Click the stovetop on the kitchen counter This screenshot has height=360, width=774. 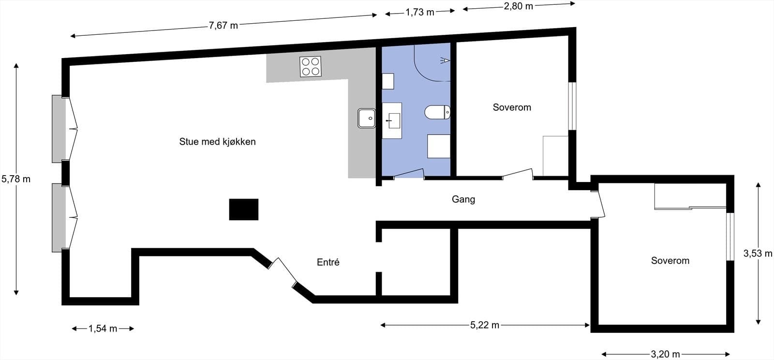coord(310,67)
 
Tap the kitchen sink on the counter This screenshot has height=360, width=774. coord(367,118)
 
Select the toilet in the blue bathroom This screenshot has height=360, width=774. coord(437,112)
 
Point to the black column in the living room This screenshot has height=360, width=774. coord(244,210)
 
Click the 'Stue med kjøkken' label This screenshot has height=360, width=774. coord(217,142)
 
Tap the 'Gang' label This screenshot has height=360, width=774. coord(463,199)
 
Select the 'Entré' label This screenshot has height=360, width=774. coord(328,262)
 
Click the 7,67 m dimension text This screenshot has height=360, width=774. coord(223,26)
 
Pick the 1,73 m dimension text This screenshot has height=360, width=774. coord(420,12)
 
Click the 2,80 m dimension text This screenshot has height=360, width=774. coord(519,6)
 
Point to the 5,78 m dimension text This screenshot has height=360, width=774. coord(16,179)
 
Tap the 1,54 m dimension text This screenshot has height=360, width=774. coord(103,329)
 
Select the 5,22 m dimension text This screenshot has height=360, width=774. coord(485,325)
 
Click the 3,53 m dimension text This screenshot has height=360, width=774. coord(758,253)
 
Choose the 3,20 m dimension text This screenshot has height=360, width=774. coord(666,354)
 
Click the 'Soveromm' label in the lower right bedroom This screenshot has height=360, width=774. coord(670,261)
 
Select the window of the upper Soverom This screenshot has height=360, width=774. coord(572,106)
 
